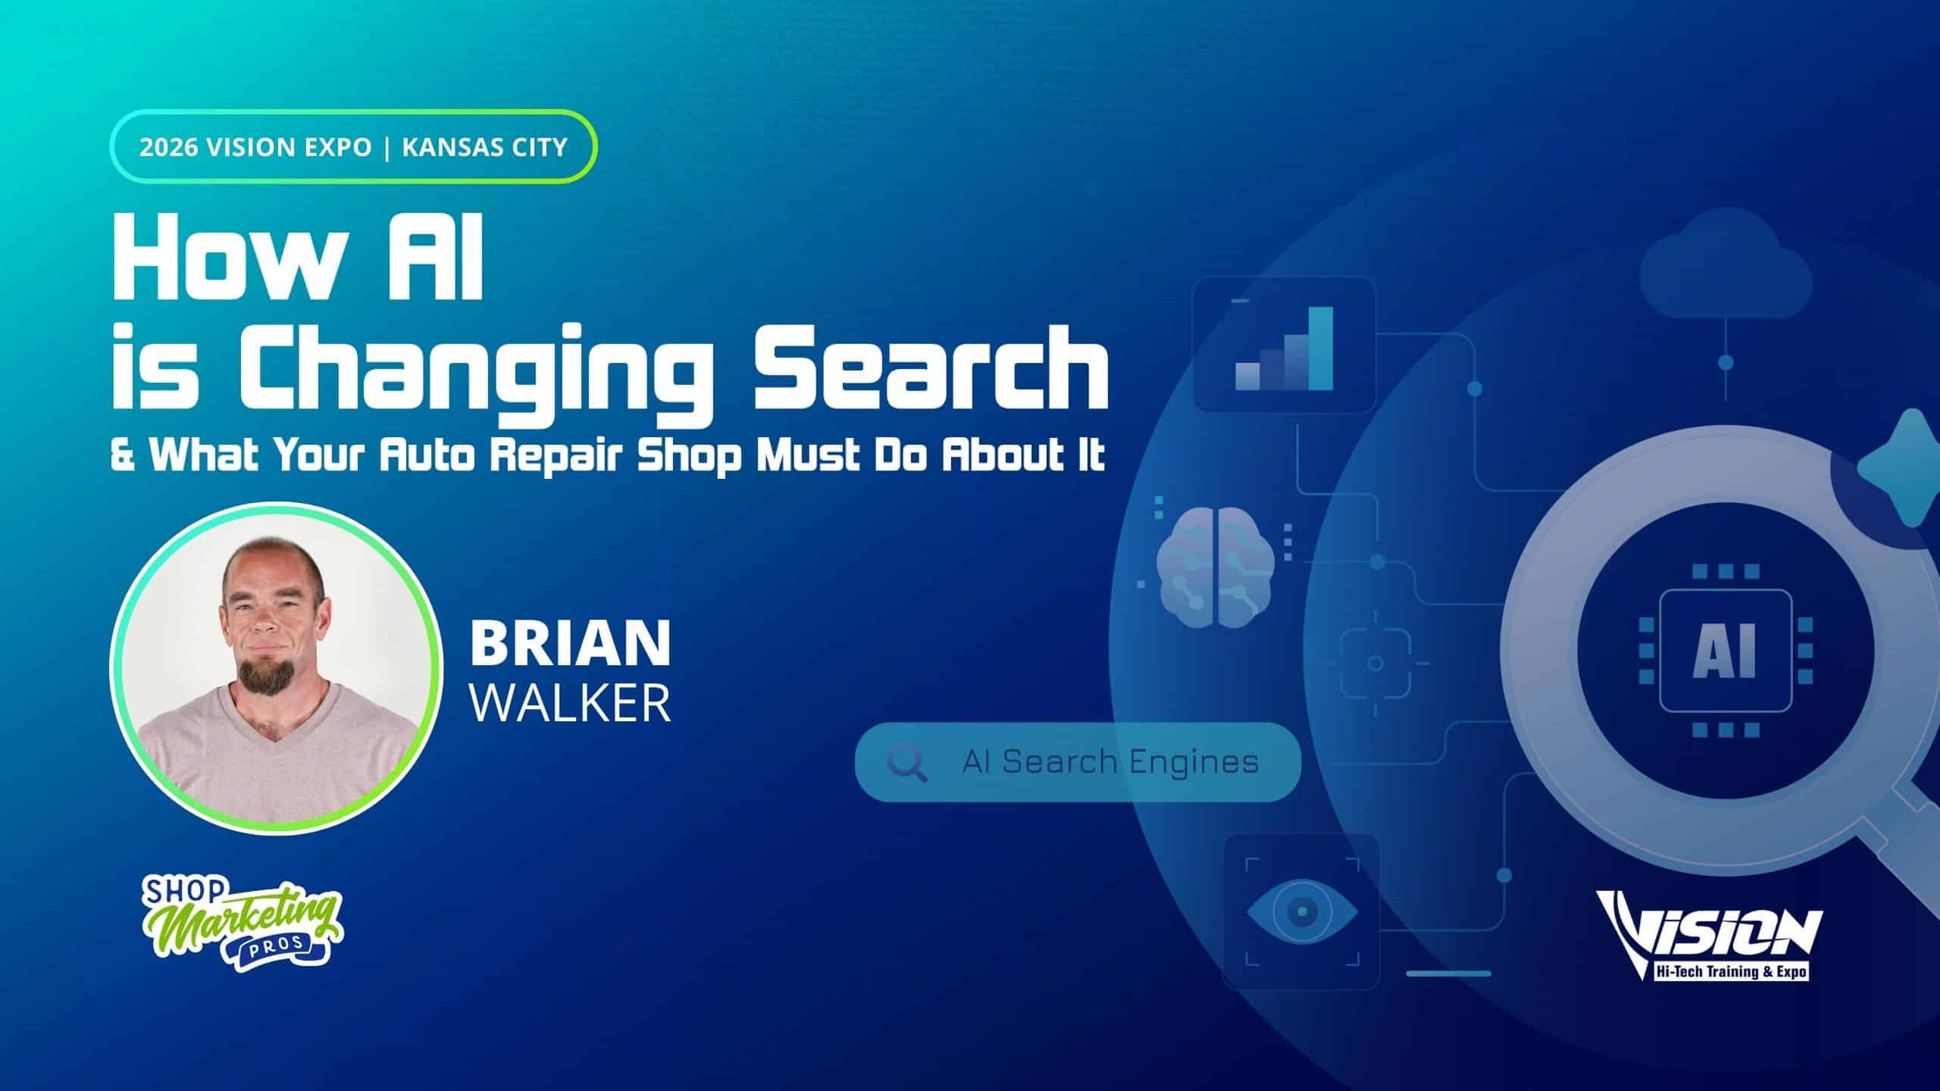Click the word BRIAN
tap(571, 643)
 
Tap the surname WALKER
tap(571, 703)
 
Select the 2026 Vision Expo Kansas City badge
tap(353, 147)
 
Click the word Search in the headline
tap(929, 368)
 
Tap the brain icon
tap(1216, 565)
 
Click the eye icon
tap(1302, 909)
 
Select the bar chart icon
tap(1284, 348)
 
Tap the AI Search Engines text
tap(1110, 761)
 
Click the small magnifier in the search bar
tap(906, 763)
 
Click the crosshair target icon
tap(1375, 664)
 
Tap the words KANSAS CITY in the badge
tap(485, 147)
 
